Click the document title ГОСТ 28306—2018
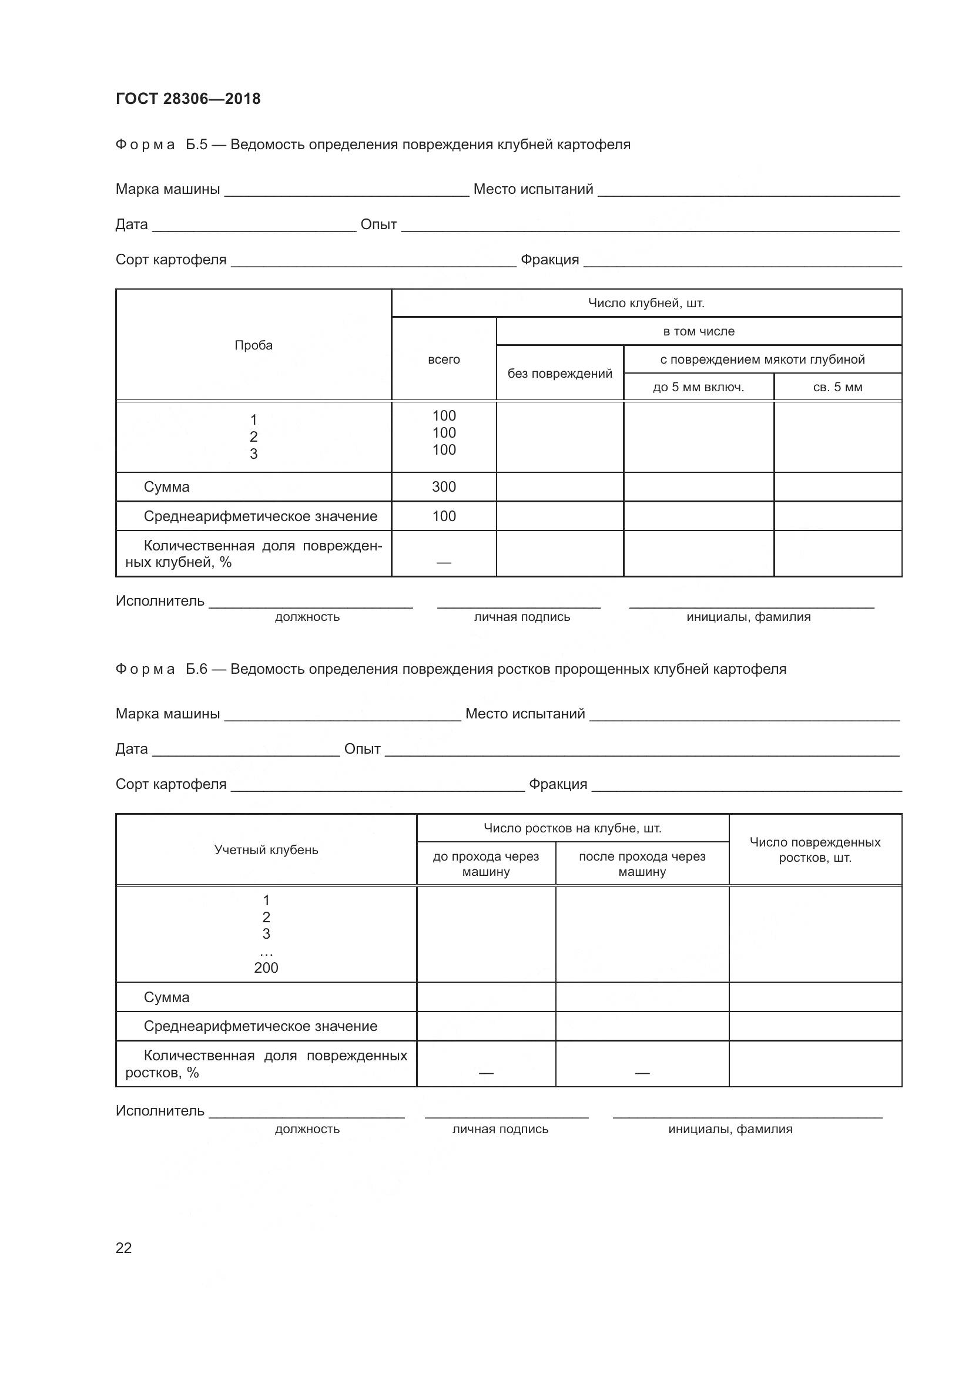pyautogui.click(x=188, y=99)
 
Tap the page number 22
pyautogui.click(x=124, y=1248)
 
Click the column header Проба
pyautogui.click(x=253, y=345)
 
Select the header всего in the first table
pyautogui.click(x=444, y=360)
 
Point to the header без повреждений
pyautogui.click(x=559, y=374)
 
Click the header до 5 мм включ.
pyautogui.click(x=698, y=387)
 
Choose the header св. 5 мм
pyautogui.click(x=837, y=387)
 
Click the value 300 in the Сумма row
pyautogui.click(x=444, y=486)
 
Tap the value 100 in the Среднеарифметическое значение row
pyautogui.click(x=444, y=516)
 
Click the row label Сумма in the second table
pyautogui.click(x=166, y=997)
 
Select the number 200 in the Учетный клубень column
pyautogui.click(x=266, y=967)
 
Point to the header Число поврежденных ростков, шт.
pyautogui.click(x=815, y=850)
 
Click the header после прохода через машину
pyautogui.click(x=642, y=864)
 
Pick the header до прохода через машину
pyautogui.click(x=485, y=864)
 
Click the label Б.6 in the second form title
pyautogui.click(x=196, y=669)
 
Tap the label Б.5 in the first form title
pyautogui.click(x=196, y=145)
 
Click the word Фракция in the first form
pyautogui.click(x=549, y=260)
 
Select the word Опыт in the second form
pyautogui.click(x=362, y=748)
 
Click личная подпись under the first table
pyautogui.click(x=522, y=617)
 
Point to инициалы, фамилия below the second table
pyautogui.click(x=730, y=1129)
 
